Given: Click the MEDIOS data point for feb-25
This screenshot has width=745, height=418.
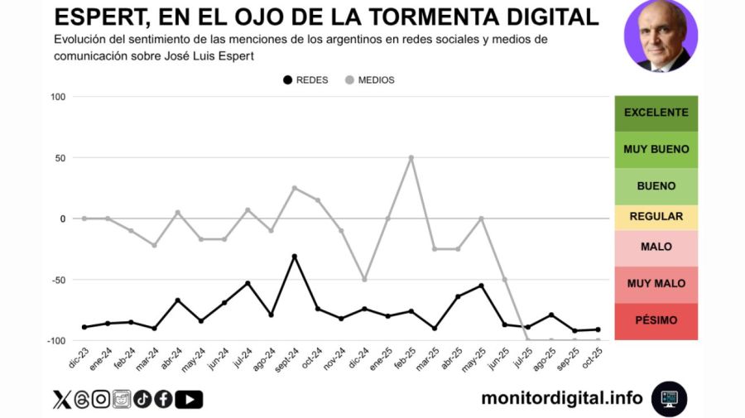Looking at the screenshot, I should tap(411, 157).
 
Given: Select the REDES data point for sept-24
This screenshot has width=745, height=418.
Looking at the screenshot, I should tap(294, 257).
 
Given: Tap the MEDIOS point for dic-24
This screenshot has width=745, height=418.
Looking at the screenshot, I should tap(364, 280).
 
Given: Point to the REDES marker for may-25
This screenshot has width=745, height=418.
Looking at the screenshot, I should tap(481, 286).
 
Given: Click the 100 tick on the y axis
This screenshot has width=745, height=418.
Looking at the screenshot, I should tap(57, 97).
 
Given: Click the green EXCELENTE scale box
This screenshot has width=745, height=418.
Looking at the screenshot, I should tap(656, 113).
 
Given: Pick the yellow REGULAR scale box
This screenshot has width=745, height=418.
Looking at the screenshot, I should tap(656, 217).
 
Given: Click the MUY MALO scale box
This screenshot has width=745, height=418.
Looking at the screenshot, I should tap(656, 284).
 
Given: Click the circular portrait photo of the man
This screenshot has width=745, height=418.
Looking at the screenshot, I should tap(661, 36).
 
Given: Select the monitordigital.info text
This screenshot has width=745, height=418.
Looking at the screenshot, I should tap(561, 398).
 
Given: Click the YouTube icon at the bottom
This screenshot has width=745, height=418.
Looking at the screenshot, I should tap(189, 400).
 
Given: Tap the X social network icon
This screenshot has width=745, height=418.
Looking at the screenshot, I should tap(62, 400).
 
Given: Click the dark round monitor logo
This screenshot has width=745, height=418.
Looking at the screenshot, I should tap(669, 398).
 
